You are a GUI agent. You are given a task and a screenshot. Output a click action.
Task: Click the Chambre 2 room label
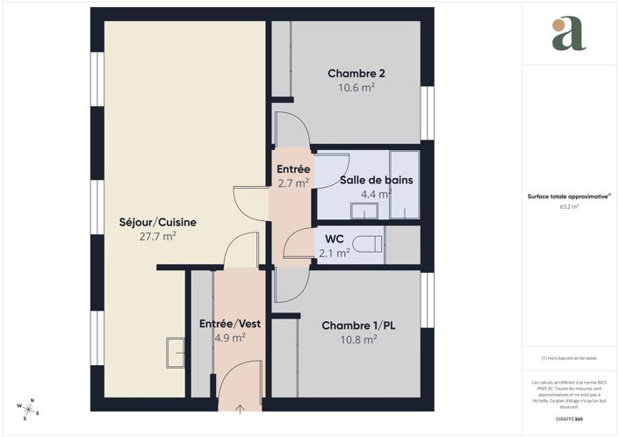tap(356, 73)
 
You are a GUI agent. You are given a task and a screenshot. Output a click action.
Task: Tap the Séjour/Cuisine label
tap(158, 222)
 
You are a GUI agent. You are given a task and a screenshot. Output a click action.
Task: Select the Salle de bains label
tap(377, 180)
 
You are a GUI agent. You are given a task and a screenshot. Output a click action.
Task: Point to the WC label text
tap(334, 239)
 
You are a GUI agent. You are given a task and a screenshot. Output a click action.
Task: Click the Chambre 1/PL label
tap(358, 326)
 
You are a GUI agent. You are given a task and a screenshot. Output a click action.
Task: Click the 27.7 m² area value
tap(158, 236)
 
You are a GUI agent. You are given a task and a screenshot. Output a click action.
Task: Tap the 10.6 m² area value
tap(356, 87)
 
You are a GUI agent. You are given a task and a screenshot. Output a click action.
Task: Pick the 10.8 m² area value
tap(358, 339)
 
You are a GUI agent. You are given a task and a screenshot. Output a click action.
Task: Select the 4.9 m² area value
tap(230, 337)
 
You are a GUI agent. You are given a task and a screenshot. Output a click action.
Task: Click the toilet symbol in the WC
tap(368, 243)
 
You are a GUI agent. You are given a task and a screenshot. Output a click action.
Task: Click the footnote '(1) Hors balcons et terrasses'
tap(568, 358)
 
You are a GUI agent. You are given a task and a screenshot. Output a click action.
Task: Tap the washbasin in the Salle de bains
tap(363, 211)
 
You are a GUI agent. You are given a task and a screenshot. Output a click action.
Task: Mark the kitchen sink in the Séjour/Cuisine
tap(176, 352)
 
